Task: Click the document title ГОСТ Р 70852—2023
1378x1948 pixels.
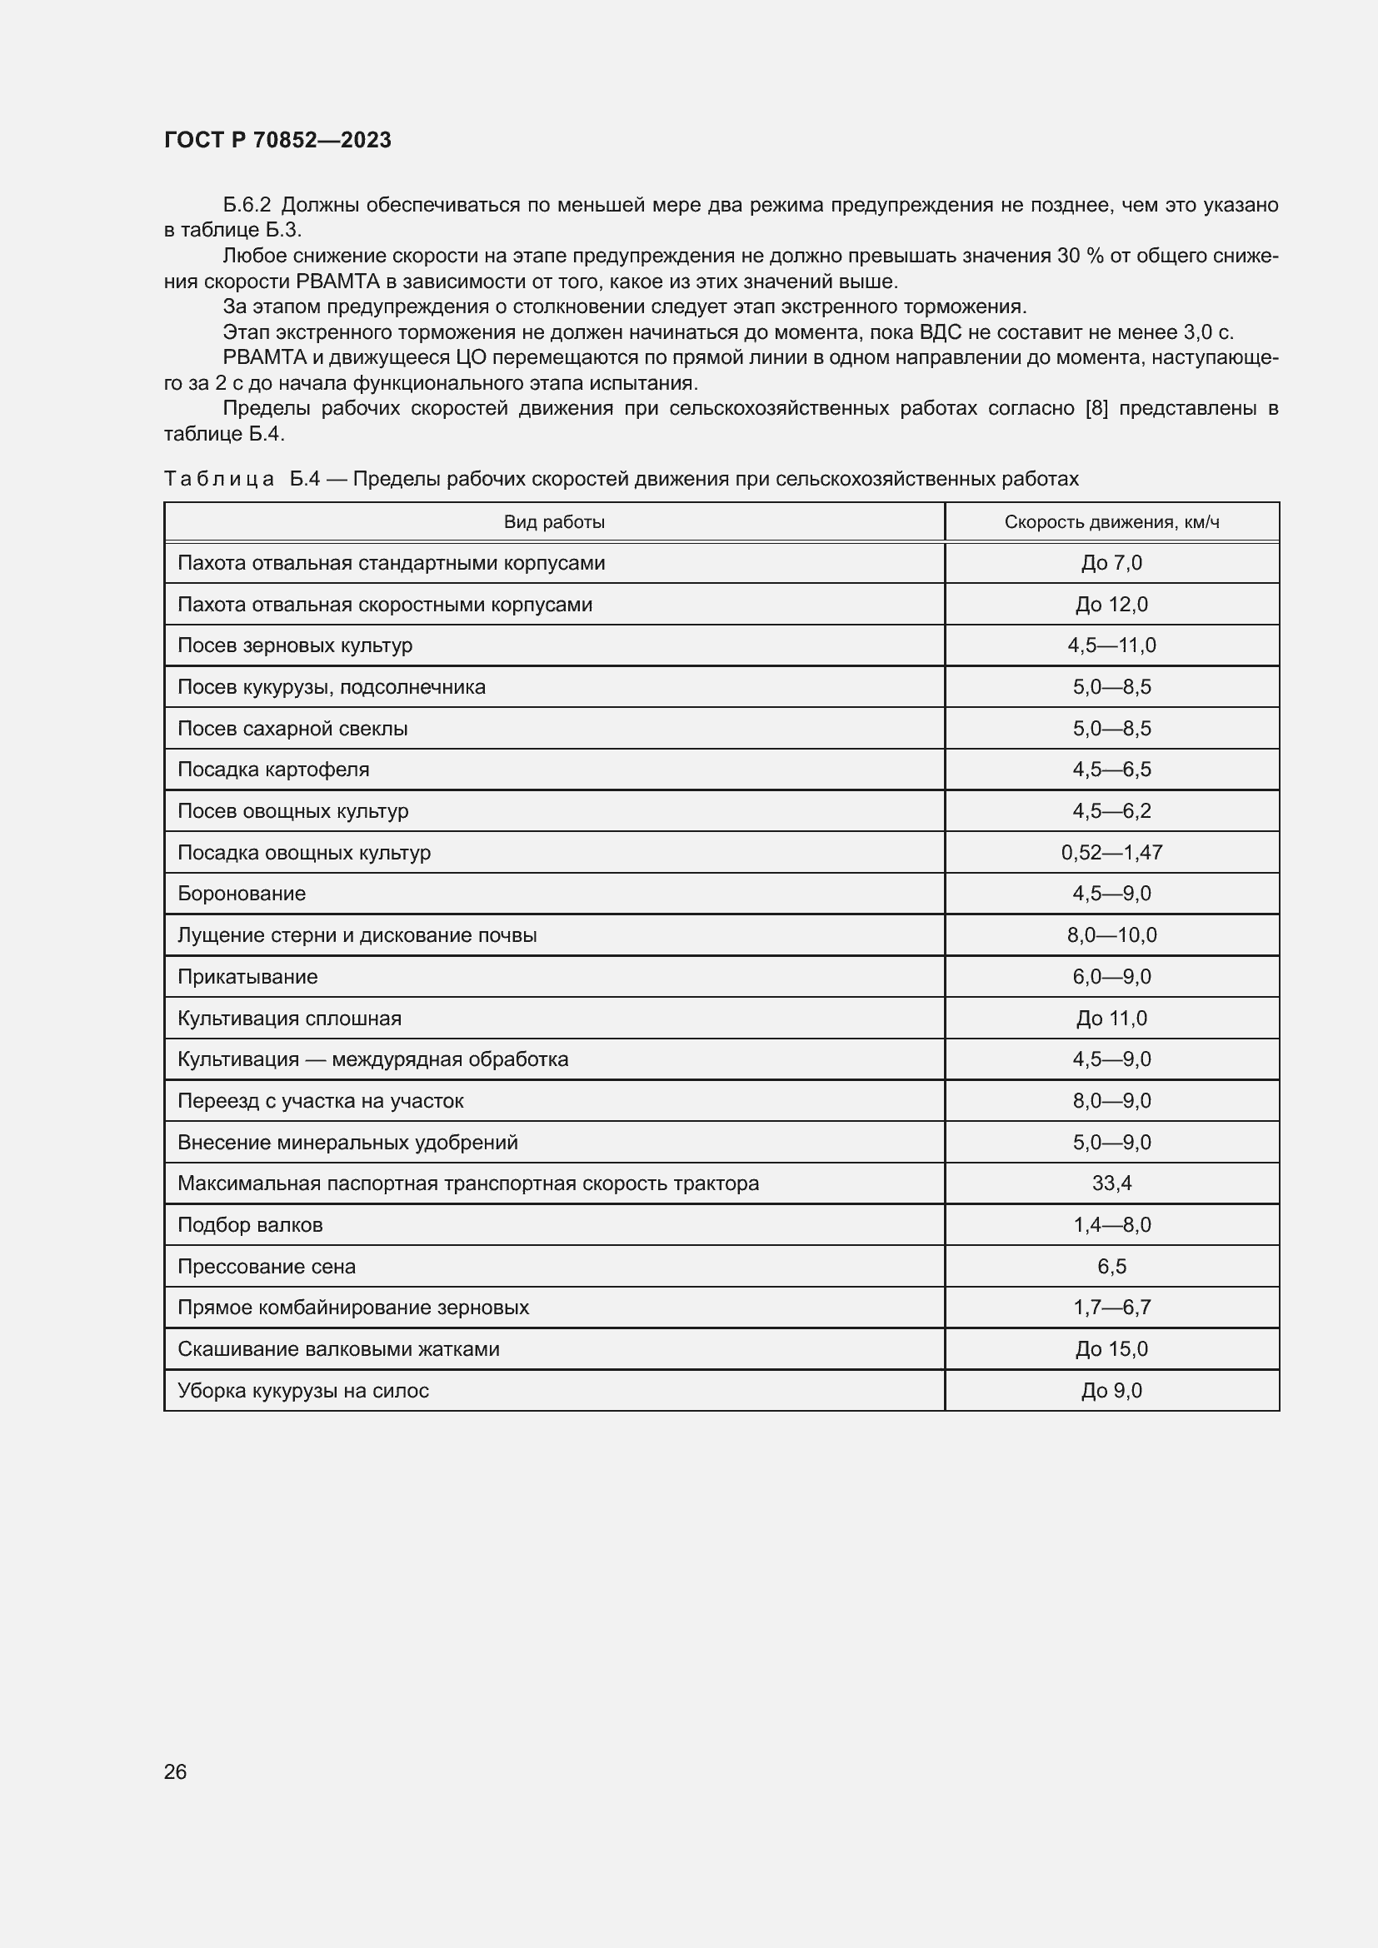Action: (x=277, y=140)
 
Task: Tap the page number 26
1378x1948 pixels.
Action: (x=175, y=1771)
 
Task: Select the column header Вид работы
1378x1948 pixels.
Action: (x=554, y=522)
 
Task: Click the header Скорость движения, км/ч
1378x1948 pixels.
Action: (x=1111, y=522)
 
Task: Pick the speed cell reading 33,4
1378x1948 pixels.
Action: (x=1111, y=1183)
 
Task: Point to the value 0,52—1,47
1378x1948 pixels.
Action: (x=1111, y=853)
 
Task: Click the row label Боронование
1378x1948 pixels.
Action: (x=242, y=894)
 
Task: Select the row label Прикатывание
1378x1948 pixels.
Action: (x=247, y=977)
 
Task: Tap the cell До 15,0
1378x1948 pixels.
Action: (x=1111, y=1349)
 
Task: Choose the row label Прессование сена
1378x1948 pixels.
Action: (x=267, y=1267)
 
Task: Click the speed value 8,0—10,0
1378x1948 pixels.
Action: (x=1111, y=935)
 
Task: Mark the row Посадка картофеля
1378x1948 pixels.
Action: (x=273, y=770)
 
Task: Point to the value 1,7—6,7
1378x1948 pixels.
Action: (x=1111, y=1308)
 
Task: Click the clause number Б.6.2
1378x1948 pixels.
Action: (x=247, y=206)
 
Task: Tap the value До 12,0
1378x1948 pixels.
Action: (x=1111, y=605)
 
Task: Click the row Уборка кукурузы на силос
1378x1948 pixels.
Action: (x=303, y=1391)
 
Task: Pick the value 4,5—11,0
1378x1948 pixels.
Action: (x=1111, y=645)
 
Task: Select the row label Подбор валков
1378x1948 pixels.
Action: (x=250, y=1225)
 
